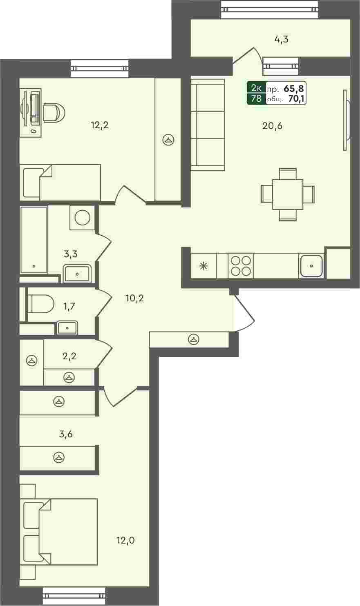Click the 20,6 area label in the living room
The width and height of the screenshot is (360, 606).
272,126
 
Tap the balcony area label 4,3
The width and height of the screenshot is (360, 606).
281,40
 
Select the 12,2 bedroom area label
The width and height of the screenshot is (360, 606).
100,125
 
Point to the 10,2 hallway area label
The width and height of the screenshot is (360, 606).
134,299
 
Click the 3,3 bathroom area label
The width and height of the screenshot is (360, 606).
70,254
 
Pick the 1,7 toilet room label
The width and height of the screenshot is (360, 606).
69,307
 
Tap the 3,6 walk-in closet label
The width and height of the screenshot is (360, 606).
66,434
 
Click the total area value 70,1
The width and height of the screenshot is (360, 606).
296,99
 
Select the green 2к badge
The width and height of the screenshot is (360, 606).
256,88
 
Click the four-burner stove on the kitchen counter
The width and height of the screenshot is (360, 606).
241,266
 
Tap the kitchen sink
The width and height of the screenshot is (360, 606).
311,266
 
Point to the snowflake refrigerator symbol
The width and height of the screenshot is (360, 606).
203,266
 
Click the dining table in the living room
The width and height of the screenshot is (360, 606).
287,194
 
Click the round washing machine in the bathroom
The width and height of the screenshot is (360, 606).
83,217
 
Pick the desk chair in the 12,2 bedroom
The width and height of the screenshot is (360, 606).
54,113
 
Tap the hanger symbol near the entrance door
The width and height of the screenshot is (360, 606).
194,339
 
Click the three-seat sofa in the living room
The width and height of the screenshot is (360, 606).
208,125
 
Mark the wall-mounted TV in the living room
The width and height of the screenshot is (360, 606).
347,120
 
